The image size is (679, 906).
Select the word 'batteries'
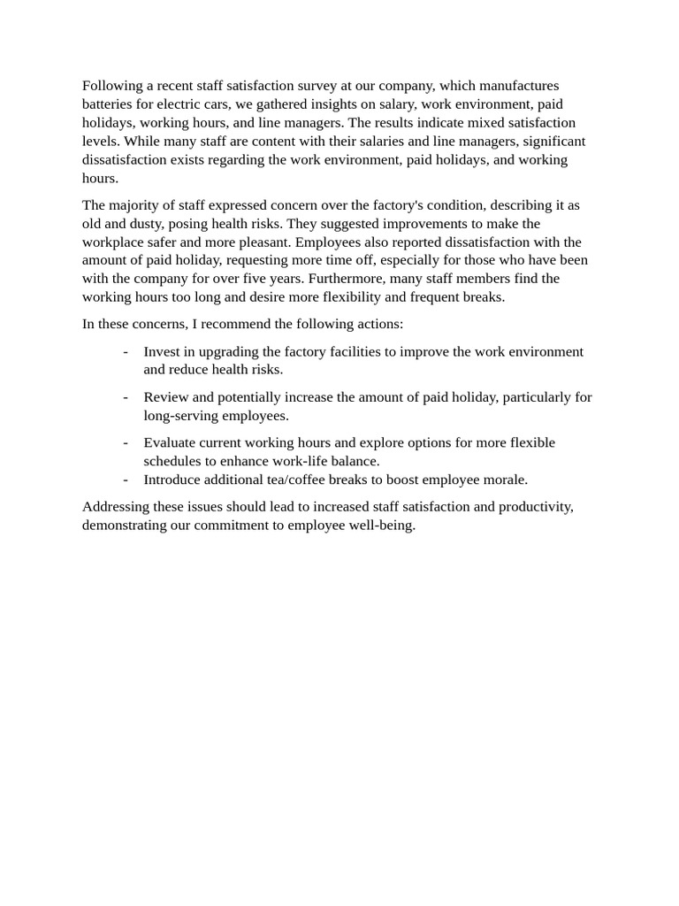110,104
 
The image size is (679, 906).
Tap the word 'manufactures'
518,86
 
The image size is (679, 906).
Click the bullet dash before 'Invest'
126,352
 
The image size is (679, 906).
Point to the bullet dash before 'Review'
126,397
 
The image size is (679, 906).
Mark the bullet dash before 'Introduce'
126,480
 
